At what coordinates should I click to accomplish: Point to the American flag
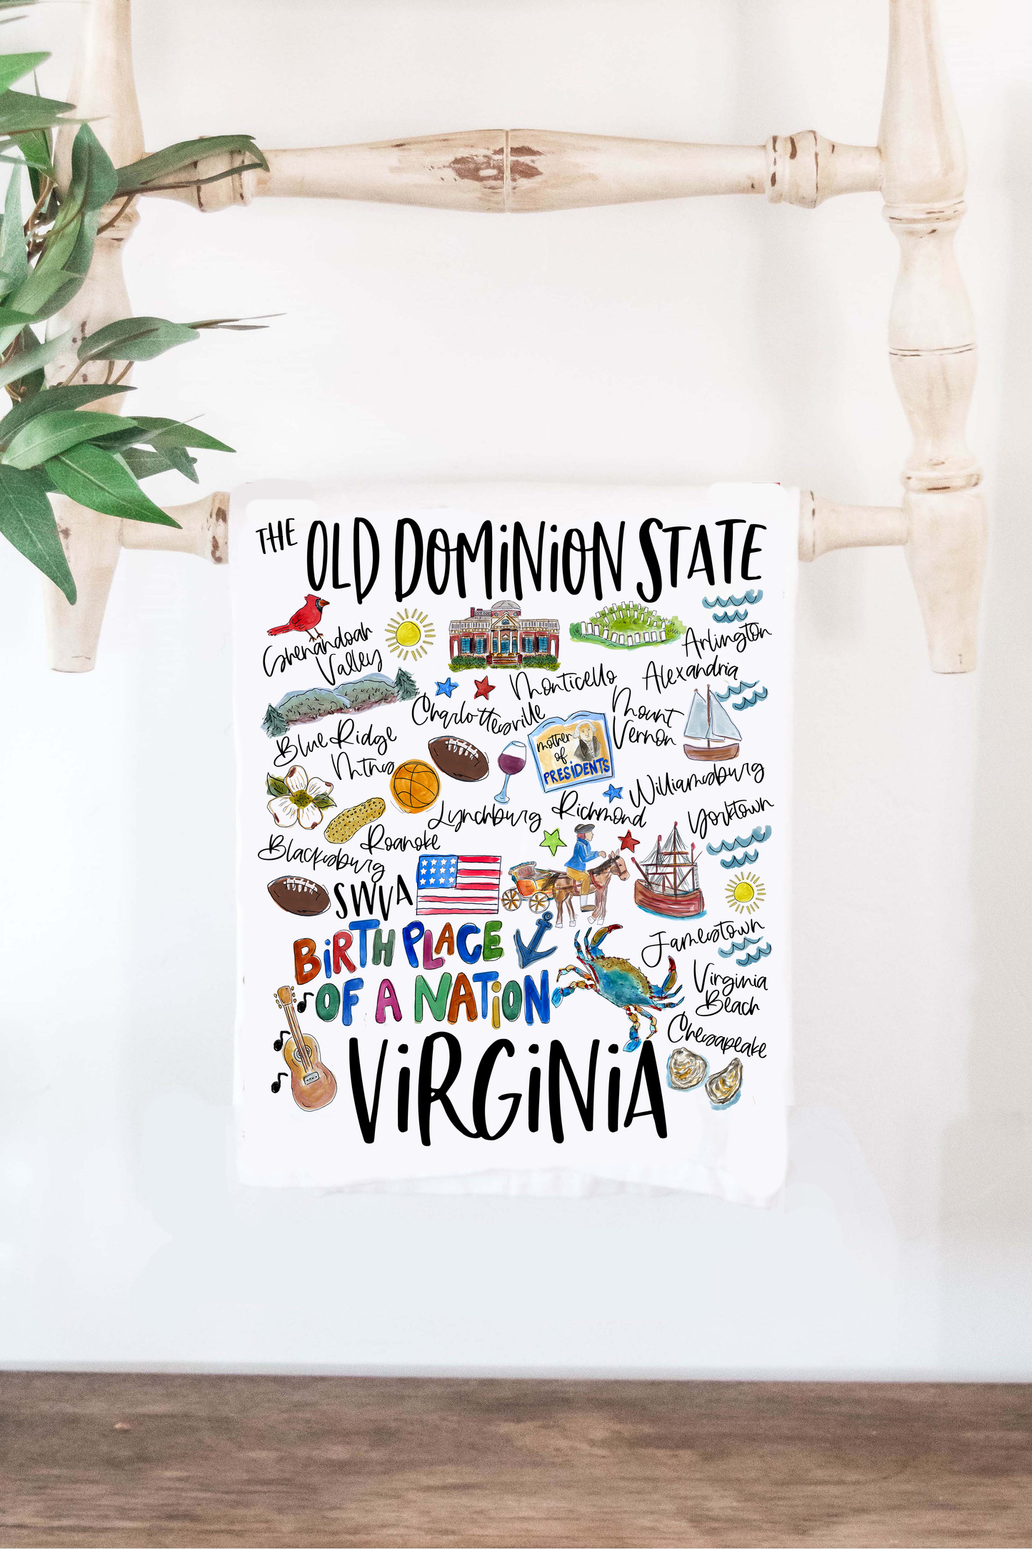(x=458, y=884)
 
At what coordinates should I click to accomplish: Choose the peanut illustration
(x=354, y=819)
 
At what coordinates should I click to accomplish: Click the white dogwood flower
(x=299, y=796)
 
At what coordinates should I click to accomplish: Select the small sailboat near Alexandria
(x=711, y=726)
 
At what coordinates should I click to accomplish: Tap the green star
(x=552, y=841)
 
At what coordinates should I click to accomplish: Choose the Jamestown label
(x=701, y=938)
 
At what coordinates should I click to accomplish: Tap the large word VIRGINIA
(x=509, y=1090)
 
